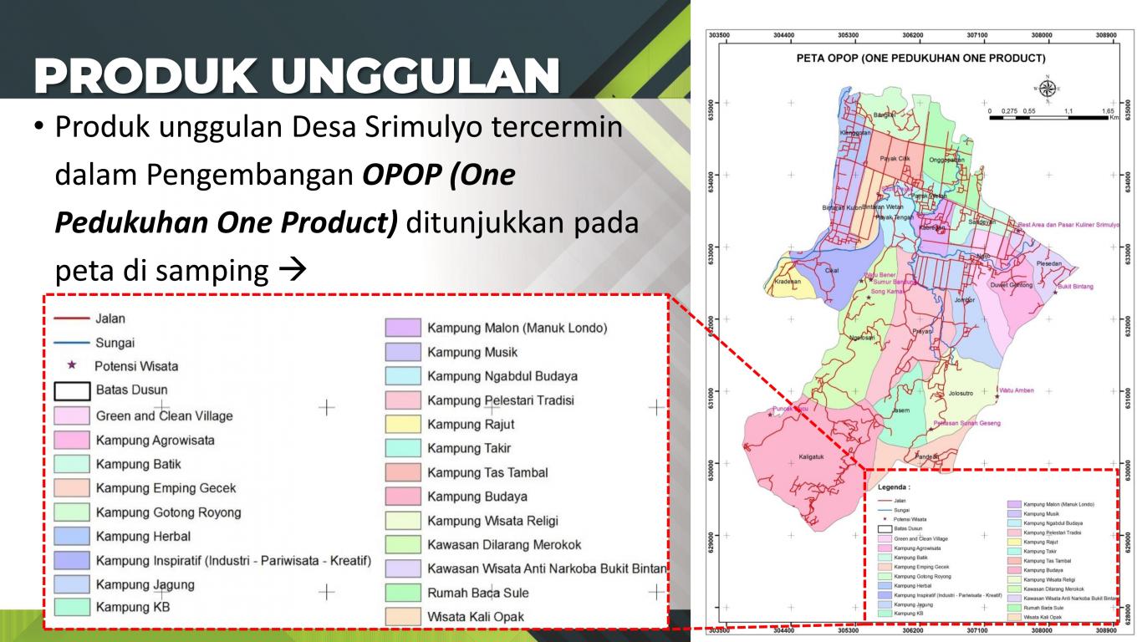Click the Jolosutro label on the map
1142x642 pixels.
coord(961,392)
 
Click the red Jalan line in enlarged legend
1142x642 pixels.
coord(71,318)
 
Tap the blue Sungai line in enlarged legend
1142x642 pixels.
coord(71,343)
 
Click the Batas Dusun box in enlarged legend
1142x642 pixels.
coord(71,390)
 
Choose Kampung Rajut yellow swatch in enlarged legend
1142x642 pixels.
coord(402,425)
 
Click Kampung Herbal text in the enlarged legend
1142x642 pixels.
coord(143,536)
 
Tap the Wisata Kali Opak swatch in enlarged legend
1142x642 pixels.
coord(402,617)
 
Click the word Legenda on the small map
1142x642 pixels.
coord(894,486)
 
